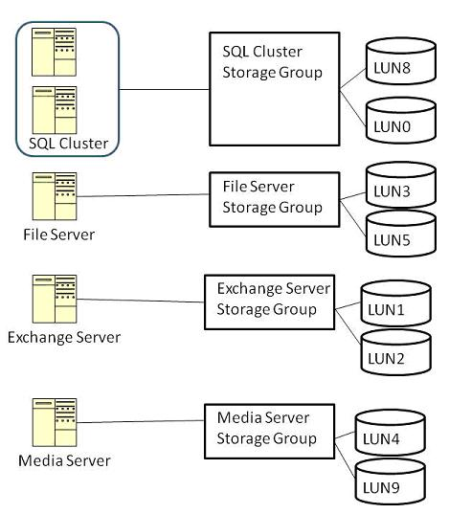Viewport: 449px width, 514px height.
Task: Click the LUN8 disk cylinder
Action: (x=401, y=61)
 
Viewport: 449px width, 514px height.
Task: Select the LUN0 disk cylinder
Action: (x=401, y=121)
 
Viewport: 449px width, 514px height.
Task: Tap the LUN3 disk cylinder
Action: (x=401, y=185)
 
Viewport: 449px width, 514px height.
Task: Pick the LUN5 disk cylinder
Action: (x=401, y=234)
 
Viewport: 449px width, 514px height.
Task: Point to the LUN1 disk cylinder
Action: (x=395, y=303)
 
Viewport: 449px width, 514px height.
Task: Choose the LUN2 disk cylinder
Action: (x=395, y=352)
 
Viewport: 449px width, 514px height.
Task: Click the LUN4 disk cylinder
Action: (x=391, y=433)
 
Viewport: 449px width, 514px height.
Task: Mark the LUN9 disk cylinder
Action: (x=391, y=481)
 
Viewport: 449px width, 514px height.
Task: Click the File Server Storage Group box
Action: (x=275, y=199)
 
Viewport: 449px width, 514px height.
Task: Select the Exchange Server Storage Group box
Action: (x=270, y=302)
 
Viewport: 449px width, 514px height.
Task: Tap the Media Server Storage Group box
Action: (x=270, y=432)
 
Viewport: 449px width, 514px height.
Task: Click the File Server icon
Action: (x=55, y=196)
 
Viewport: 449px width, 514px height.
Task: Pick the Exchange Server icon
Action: (x=55, y=299)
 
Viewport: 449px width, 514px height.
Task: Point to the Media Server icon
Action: (x=55, y=422)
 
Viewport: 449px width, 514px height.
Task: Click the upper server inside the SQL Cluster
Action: (x=55, y=52)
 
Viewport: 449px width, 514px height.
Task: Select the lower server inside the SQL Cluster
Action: (x=55, y=110)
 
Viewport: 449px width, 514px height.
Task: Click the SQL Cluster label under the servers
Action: (x=69, y=144)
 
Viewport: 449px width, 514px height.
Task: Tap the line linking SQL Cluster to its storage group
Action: (x=165, y=89)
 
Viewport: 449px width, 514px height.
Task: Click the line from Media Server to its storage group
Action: (x=141, y=421)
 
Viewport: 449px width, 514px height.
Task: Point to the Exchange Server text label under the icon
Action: (x=64, y=338)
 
